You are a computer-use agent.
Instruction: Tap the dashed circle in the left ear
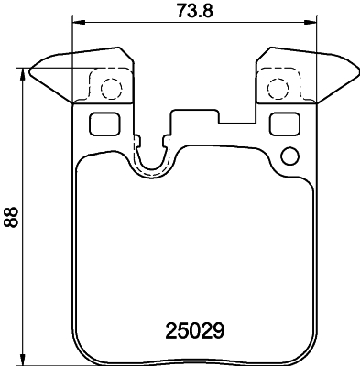coord(109,89)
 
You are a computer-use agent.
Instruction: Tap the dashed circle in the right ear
coord(278,89)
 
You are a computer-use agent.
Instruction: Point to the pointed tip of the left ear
coord(32,68)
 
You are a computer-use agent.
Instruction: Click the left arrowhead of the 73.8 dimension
coord(75,23)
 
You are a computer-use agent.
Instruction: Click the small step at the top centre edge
coord(218,113)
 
